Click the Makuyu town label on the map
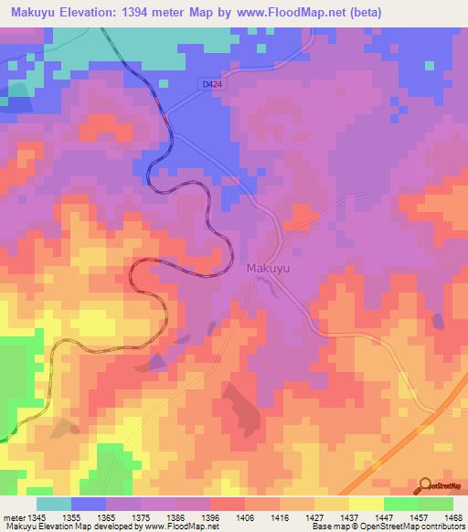269,269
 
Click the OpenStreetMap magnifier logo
425,485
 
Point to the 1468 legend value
441,516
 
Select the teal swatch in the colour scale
54,504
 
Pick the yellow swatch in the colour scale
367,504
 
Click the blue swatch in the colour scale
89,504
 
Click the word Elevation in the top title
94,12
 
